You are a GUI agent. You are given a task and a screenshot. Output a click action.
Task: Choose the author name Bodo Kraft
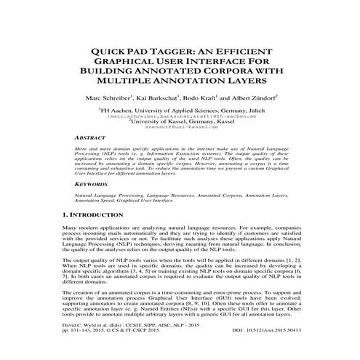coord(198,97)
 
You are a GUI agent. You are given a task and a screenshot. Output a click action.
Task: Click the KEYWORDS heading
coord(93,185)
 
